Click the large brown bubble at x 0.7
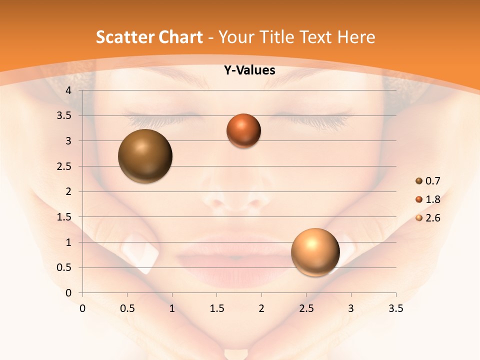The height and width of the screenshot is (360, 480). [x=145, y=156]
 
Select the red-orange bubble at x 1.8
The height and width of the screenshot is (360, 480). [x=243, y=130]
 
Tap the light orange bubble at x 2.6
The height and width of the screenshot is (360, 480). [x=315, y=252]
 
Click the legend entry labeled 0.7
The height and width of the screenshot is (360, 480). [x=428, y=181]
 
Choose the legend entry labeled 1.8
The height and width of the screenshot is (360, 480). [x=428, y=199]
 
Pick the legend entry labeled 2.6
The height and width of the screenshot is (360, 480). [x=428, y=218]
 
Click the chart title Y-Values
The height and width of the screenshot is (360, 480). [x=249, y=70]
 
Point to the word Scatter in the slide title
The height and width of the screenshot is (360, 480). [x=123, y=37]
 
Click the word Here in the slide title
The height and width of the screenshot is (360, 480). [x=356, y=37]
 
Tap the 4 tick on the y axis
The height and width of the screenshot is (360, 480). [x=69, y=90]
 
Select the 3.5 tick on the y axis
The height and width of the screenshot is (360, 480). [x=65, y=115]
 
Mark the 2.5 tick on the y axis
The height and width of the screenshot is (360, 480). [x=65, y=166]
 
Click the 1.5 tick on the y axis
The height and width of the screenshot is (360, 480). [x=65, y=217]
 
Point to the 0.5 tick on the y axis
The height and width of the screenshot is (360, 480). [x=65, y=267]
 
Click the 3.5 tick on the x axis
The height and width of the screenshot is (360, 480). [x=395, y=308]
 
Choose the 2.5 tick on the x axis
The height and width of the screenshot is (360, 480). [x=306, y=308]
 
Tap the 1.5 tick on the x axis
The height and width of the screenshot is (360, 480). [x=217, y=308]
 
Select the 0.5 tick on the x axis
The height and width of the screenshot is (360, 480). [x=127, y=308]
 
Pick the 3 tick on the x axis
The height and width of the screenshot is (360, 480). [x=351, y=308]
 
